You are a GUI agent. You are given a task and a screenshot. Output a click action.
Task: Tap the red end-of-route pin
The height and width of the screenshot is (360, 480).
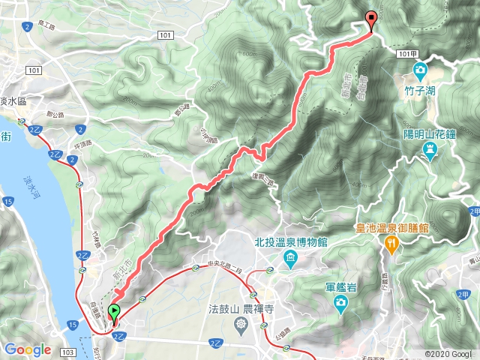pos(370,20)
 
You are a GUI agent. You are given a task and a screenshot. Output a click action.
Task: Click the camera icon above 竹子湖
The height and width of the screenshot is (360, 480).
pos(420,72)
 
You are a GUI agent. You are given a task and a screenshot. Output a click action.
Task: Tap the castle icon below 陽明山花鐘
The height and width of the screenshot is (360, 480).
pos(429,150)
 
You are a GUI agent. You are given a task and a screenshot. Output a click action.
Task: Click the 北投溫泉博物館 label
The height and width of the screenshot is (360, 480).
pos(291,243)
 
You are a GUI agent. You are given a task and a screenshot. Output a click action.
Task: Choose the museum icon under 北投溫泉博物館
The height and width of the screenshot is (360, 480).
pos(289,259)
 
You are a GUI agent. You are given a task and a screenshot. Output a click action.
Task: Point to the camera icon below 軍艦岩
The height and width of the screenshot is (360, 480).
pos(340,303)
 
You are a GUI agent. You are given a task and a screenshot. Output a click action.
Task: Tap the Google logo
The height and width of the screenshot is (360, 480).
pos(28,349)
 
